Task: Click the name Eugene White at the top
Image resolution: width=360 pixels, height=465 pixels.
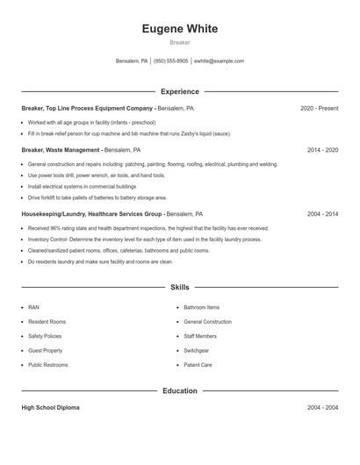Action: coord(179,28)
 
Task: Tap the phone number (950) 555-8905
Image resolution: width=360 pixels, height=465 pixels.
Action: coord(171,61)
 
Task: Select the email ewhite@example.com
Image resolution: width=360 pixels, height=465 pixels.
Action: coord(219,61)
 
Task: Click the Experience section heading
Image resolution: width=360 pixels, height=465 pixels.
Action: coord(179,91)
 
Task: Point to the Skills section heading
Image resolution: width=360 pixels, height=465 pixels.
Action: coord(179,287)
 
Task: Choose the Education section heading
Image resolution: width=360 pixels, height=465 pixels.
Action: coord(179,390)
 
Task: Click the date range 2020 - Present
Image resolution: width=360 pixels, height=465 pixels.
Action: coord(319,108)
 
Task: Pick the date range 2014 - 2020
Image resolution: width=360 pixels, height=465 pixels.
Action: coord(322,150)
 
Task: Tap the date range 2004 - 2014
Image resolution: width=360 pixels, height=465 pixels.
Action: coord(322,213)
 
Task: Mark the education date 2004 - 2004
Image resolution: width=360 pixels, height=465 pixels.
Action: coord(322,408)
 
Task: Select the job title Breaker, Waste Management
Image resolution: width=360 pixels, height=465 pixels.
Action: coord(61,150)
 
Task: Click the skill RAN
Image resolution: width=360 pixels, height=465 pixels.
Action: coord(33,308)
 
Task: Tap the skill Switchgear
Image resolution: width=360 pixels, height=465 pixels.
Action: coord(198,350)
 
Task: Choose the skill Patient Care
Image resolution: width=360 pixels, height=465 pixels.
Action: coord(198,364)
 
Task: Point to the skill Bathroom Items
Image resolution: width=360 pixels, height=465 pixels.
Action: coord(202,308)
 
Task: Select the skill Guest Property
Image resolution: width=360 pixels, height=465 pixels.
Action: coord(45,350)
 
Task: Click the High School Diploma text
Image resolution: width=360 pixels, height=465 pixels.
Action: coord(52,408)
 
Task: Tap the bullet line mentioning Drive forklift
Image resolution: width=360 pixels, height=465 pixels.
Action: coord(97,198)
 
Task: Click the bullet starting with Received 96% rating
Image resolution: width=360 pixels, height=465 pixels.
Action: coord(148,227)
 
